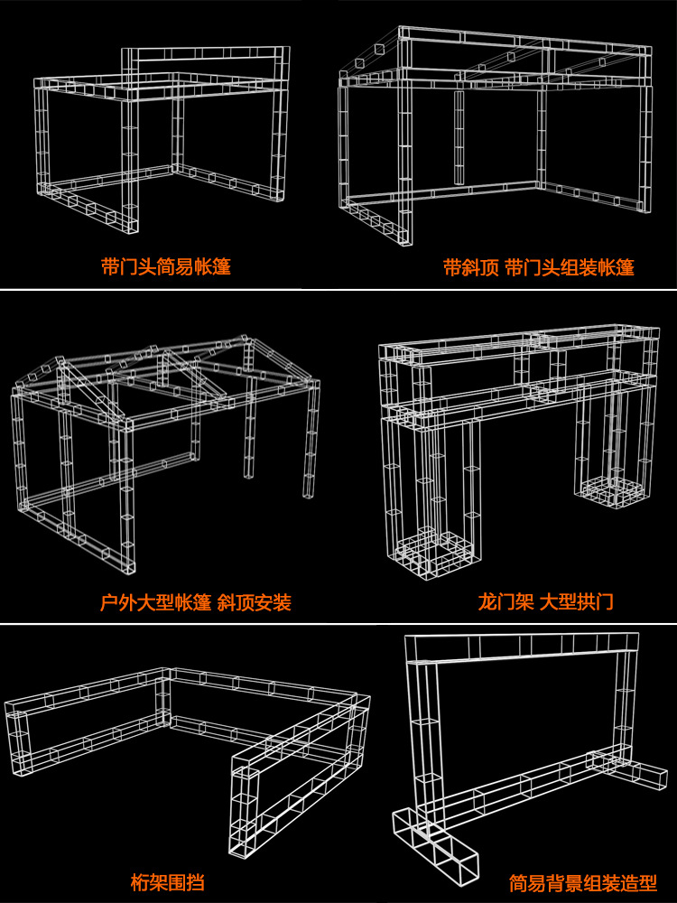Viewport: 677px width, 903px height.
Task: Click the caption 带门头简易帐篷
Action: pyautogui.click(x=166, y=266)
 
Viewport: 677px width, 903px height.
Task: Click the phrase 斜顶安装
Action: pyautogui.click(x=254, y=602)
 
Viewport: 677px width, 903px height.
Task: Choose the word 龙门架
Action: pyautogui.click(x=505, y=601)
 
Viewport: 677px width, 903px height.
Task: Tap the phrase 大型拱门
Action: pyautogui.click(x=576, y=601)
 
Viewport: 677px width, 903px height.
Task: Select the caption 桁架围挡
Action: pyautogui.click(x=167, y=881)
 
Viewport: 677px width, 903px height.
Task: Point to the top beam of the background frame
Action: pyautogui.click(x=522, y=647)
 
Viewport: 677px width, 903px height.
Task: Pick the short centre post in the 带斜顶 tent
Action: pyautogui.click(x=459, y=137)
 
